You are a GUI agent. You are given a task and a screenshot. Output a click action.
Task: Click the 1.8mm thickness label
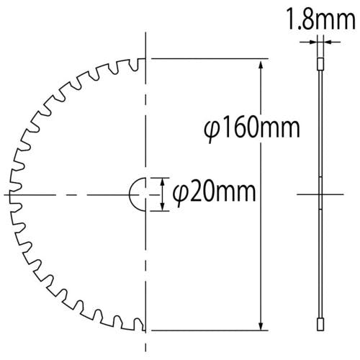click(x=321, y=19)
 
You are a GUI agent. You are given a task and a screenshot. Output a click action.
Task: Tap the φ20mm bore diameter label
click(x=215, y=192)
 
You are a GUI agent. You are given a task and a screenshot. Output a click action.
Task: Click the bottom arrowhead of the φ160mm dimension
click(x=261, y=324)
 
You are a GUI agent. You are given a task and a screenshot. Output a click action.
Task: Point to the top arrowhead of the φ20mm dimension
click(x=163, y=182)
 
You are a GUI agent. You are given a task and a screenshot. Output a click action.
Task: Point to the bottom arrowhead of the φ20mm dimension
click(x=163, y=207)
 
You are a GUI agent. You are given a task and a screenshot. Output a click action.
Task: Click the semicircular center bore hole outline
click(x=130, y=194)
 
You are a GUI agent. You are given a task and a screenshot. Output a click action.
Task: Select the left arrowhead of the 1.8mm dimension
click(x=312, y=42)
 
